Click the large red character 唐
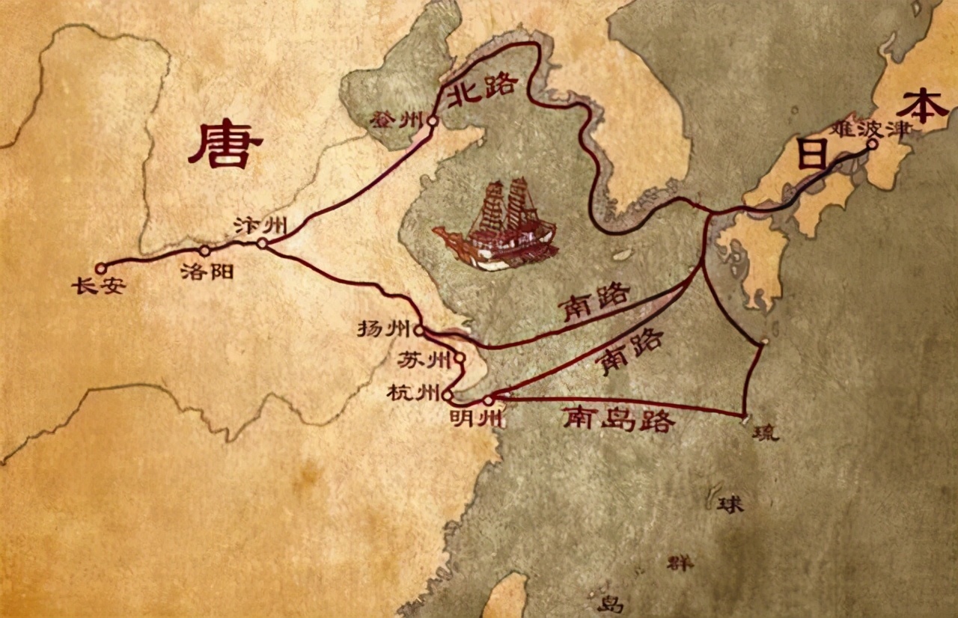pyautogui.click(x=225, y=145)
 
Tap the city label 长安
pyautogui.click(x=98, y=286)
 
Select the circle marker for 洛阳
pyautogui.click(x=204, y=251)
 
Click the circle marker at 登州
pyautogui.click(x=432, y=120)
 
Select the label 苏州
pyautogui.click(x=424, y=360)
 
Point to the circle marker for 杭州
pyautogui.click(x=448, y=394)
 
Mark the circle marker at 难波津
pyautogui.click(x=872, y=144)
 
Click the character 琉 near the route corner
pyautogui.click(x=766, y=432)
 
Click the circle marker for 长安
pyautogui.click(x=101, y=267)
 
